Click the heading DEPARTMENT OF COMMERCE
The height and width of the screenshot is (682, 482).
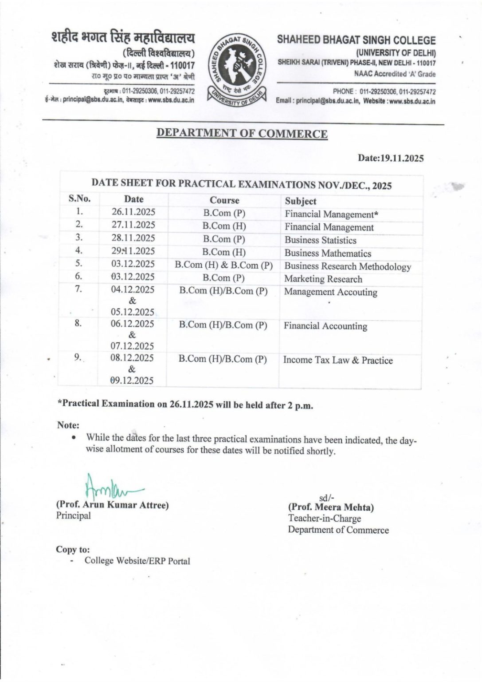pyautogui.click(x=242, y=134)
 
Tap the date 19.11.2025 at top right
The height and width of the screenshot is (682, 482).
pyautogui.click(x=391, y=159)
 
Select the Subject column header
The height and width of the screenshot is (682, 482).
pyautogui.click(x=300, y=201)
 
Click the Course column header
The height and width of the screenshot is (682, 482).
pyautogui.click(x=224, y=200)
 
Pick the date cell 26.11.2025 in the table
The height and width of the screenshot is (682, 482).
pyautogui.click(x=133, y=212)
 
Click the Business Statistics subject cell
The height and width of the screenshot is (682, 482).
pyautogui.click(x=320, y=240)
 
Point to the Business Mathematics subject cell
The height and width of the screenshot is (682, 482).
pyautogui.click(x=328, y=254)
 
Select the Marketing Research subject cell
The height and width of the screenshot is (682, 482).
pyautogui.click(x=323, y=279)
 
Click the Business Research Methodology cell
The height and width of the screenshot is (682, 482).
pyautogui.click(x=347, y=266)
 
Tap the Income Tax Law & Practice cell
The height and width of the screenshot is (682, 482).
pyautogui.click(x=338, y=360)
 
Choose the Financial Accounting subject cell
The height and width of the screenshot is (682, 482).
pyautogui.click(x=325, y=326)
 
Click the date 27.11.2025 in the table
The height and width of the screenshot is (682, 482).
pyautogui.click(x=133, y=225)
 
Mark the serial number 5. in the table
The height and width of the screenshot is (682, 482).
pyautogui.click(x=78, y=263)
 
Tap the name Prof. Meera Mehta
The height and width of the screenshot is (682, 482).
pyautogui.click(x=331, y=507)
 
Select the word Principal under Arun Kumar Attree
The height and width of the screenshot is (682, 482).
pyautogui.click(x=73, y=516)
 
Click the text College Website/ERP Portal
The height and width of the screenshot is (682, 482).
pyautogui.click(x=137, y=561)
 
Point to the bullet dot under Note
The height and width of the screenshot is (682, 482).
pyautogui.click(x=74, y=437)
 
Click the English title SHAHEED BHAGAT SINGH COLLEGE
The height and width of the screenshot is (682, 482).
pyautogui.click(x=357, y=40)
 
